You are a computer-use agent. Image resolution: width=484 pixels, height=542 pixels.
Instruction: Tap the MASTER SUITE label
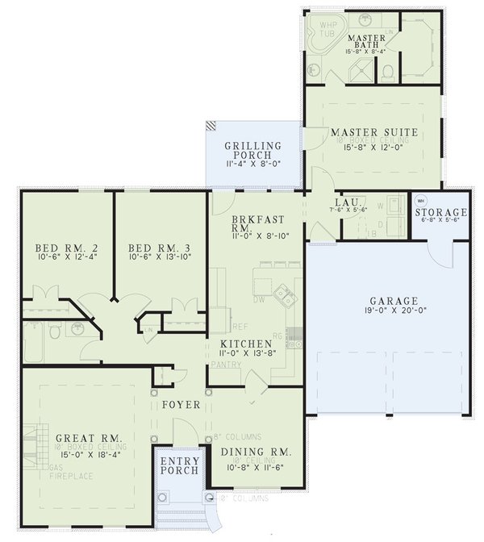[x=373, y=131]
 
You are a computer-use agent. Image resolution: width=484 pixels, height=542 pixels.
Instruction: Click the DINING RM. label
[x=256, y=452]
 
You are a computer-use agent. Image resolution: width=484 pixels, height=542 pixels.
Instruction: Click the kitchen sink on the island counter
[x=283, y=296]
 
